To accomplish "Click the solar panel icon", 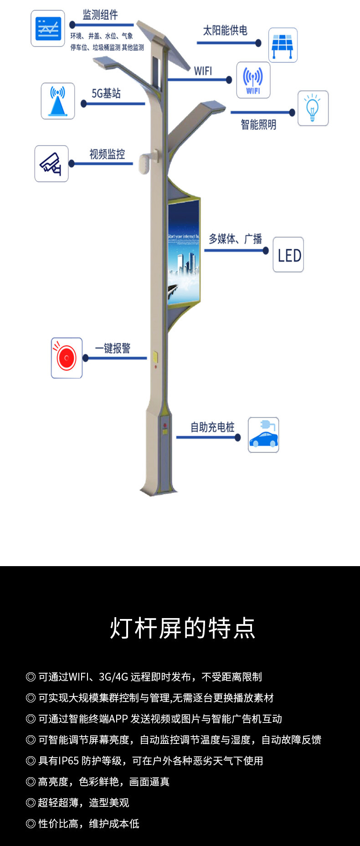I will [x=283, y=45].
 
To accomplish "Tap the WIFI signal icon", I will [x=253, y=80].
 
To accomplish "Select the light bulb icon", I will [x=313, y=108].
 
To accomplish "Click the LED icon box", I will [x=288, y=255].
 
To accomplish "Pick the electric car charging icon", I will [x=263, y=435].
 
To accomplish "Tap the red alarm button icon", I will [x=67, y=358].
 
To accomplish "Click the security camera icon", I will [x=51, y=164].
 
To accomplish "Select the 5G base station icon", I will [x=58, y=101].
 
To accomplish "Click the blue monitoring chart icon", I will [x=48, y=28].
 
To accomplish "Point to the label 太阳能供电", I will [x=225, y=31].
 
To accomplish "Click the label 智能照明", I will [x=258, y=124].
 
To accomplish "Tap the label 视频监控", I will [x=107, y=154].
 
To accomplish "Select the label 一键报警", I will [x=113, y=348].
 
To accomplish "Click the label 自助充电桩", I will [x=212, y=427].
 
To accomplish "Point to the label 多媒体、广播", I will [x=235, y=238].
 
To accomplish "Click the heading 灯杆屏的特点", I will [x=182, y=628].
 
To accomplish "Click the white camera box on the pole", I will [x=144, y=163].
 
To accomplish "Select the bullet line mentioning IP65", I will [x=144, y=761].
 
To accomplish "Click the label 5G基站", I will [x=106, y=93].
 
